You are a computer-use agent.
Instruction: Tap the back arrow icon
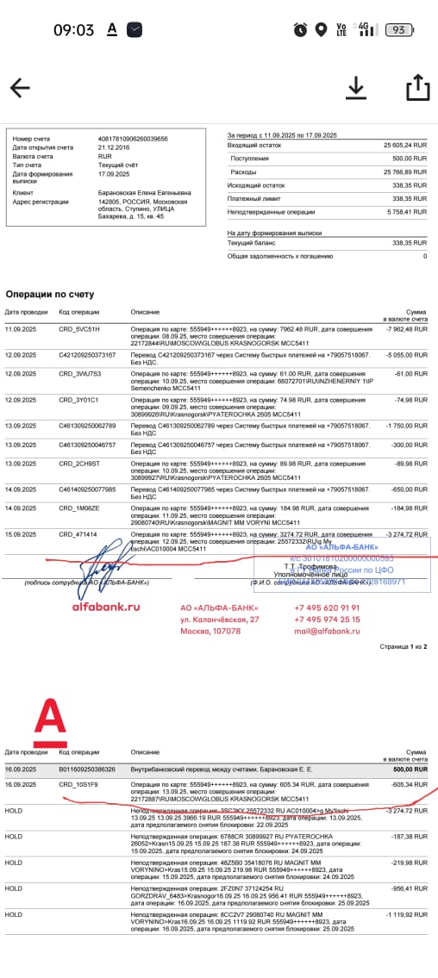pos(20,88)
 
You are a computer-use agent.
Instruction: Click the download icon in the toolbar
pos(355,88)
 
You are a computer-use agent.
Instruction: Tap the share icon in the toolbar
pos(417,88)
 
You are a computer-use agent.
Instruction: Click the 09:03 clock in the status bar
pos(73,29)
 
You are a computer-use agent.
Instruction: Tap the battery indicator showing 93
pos(397,29)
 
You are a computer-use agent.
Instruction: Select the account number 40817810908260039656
pos(133,138)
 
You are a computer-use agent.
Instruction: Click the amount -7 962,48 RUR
pos(405,329)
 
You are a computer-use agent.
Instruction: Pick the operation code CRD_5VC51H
pos(79,329)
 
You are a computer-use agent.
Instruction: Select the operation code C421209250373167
pos(87,355)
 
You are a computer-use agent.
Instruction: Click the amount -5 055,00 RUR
pos(405,355)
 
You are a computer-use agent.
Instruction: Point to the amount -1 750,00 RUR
pos(405,426)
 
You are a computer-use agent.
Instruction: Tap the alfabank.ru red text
pos(105,607)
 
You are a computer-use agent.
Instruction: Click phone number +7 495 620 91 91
pos(327,607)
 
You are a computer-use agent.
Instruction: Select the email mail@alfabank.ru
pos(327,632)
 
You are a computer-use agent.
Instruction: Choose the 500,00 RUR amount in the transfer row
pos(410,769)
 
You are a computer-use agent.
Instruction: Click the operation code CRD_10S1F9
pos(78,785)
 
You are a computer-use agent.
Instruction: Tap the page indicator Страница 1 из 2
pos(403,646)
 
